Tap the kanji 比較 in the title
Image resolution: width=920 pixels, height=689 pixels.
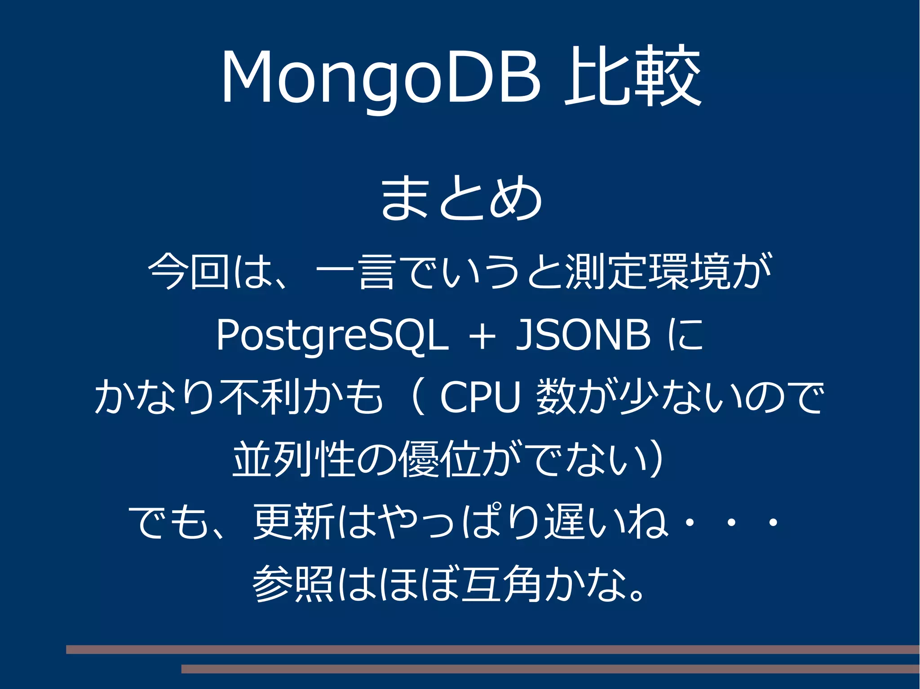click(632, 76)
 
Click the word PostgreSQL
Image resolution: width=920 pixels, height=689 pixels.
click(332, 336)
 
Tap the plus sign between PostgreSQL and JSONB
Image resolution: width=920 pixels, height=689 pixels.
click(482, 336)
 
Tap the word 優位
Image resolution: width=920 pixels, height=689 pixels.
click(440, 459)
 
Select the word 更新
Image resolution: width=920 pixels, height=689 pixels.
click(294, 522)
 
